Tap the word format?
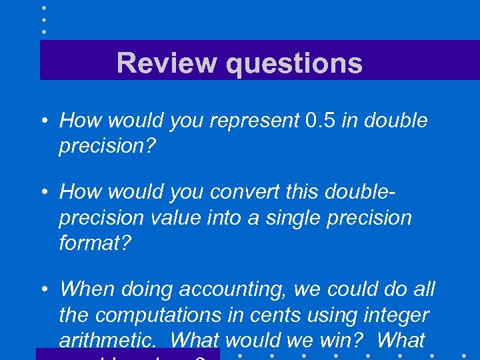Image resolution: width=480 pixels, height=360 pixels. [x=96, y=243]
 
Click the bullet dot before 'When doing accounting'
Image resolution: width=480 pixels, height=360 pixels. [x=43, y=289]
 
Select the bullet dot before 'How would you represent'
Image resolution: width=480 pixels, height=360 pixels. [x=43, y=121]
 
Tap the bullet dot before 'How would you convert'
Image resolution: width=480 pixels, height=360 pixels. [x=43, y=193]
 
